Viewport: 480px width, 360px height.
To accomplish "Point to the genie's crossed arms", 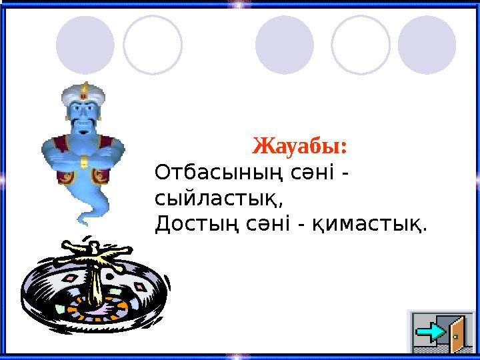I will click(83, 157).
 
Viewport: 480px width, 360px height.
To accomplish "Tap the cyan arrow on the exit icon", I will click(435, 331).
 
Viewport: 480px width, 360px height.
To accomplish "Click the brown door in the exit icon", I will click(459, 333).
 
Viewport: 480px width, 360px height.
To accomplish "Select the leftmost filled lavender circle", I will click(85, 45).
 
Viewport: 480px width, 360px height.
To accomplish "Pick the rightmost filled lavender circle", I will click(427, 45).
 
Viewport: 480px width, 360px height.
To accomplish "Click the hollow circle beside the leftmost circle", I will click(153, 45).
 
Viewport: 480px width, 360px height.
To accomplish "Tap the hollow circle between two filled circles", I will click(360, 45).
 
